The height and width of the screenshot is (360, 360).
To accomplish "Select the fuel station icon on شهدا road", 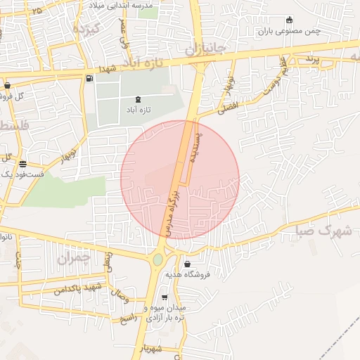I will click(x=89, y=78).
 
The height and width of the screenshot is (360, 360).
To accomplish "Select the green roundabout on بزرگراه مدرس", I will click(x=157, y=259).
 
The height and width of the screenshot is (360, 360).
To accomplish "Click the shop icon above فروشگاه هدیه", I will click(x=188, y=264).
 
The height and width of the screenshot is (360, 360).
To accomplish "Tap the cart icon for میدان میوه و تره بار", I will click(x=165, y=298).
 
